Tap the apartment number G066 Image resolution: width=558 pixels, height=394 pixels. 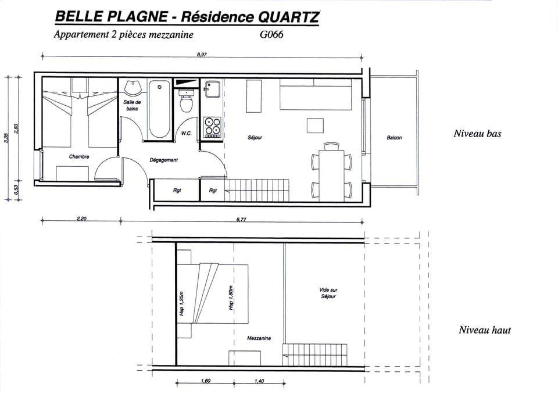(272, 35)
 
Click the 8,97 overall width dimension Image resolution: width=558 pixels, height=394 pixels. (202, 53)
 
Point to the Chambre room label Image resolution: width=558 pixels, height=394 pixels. (79, 156)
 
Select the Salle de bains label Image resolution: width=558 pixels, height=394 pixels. (132, 105)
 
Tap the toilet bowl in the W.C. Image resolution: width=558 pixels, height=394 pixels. (187, 105)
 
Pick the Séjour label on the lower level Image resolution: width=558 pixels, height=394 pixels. (255, 138)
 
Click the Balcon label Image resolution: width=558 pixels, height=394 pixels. (394, 138)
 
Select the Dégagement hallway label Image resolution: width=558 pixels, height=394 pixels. (163, 160)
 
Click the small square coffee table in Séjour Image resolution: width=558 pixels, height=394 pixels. (315, 126)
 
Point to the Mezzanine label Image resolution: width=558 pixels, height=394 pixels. (259, 338)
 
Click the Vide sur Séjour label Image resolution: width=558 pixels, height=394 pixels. (328, 293)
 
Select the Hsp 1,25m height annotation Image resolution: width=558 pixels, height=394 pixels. (181, 302)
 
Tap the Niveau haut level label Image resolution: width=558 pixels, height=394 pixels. (484, 330)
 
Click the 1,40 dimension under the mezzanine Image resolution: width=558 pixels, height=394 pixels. (259, 381)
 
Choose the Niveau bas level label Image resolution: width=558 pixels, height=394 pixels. (477, 134)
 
